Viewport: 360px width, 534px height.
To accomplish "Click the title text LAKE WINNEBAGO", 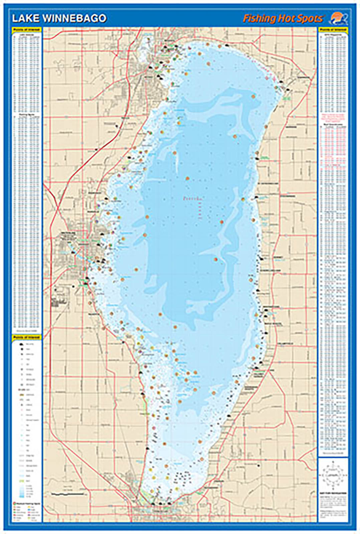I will pos(59,19).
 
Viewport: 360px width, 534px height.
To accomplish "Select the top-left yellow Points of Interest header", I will pos(27,30).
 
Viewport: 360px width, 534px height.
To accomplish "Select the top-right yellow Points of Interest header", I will pos(333,30).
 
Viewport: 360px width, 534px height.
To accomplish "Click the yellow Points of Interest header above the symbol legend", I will pos(27,337).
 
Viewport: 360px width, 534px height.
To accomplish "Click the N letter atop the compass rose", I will pos(333,462).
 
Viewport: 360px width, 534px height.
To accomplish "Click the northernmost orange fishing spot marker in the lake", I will pos(208,44).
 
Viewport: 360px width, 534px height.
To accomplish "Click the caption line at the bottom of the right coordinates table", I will pos(333,453).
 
